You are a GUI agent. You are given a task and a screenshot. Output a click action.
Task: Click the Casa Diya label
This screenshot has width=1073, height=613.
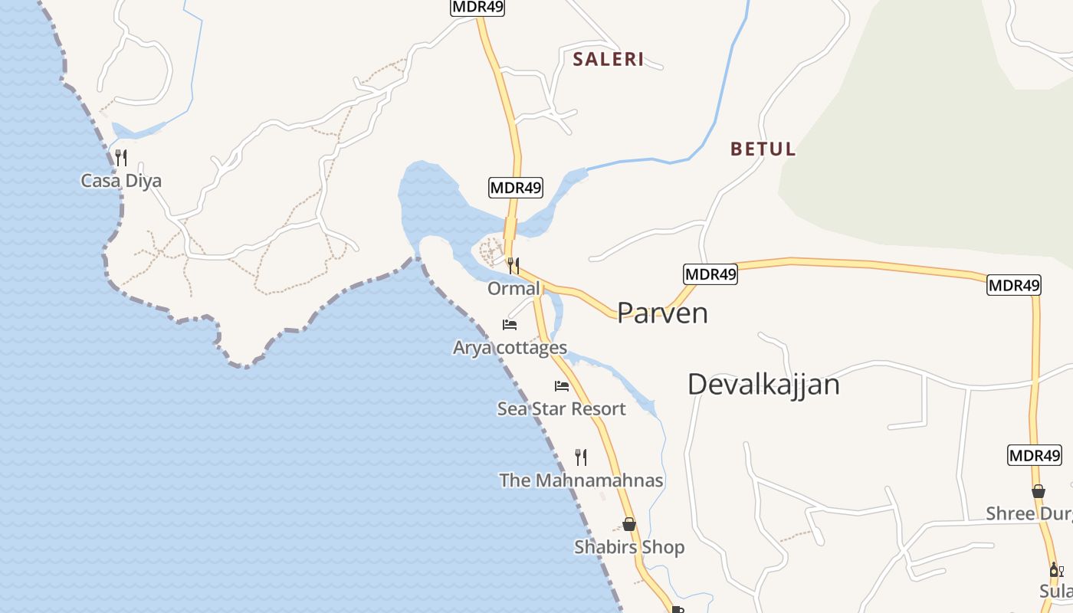121,182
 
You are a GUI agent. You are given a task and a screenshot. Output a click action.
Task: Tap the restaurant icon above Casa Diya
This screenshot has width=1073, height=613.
120,158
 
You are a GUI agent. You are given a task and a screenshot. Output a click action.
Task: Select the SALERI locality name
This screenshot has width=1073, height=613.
609,59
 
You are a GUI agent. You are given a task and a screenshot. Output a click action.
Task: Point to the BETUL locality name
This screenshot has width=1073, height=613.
763,149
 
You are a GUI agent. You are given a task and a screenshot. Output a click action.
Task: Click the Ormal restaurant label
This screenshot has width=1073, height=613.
514,289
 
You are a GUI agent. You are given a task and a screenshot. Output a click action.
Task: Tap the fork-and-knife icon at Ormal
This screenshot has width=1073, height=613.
514,266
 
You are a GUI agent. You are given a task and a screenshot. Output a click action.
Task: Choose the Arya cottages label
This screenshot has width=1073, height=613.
510,348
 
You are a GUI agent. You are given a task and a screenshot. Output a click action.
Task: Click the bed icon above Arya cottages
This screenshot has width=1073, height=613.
510,325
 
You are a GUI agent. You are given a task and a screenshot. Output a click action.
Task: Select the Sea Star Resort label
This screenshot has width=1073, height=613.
561,409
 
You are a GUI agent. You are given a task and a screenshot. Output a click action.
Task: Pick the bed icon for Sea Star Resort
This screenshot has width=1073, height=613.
562,386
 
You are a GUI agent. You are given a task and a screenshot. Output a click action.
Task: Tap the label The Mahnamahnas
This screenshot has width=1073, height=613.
581,480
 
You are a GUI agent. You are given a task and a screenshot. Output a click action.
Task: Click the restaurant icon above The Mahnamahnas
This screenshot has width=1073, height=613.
581,457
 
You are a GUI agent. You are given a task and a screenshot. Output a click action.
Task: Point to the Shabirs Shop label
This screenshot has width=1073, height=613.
629,547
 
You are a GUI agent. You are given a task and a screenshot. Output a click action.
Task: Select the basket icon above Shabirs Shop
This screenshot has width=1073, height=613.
629,525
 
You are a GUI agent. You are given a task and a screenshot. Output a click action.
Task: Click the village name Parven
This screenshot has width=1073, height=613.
662,313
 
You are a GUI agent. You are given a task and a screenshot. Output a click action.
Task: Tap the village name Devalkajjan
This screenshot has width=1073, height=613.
763,384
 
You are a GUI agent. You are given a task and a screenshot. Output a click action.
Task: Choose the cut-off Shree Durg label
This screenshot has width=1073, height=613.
1029,513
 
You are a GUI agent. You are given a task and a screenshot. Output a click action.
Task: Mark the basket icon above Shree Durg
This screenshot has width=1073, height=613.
1039,491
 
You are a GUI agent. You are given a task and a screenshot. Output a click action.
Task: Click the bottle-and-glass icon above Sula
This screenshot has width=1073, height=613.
1056,570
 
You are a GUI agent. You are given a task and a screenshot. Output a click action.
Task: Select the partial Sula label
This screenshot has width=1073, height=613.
1056,592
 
